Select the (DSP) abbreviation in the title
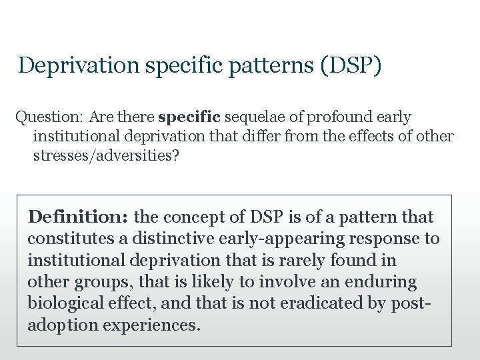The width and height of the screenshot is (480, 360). [351, 65]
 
